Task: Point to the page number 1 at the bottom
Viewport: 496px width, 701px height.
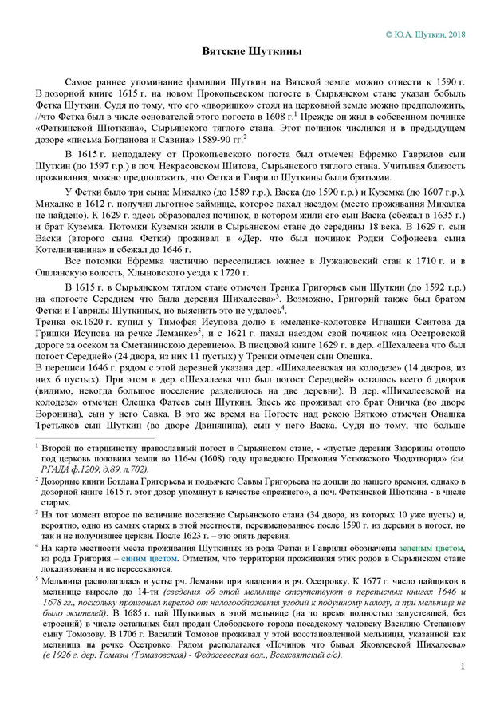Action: tap(463, 666)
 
